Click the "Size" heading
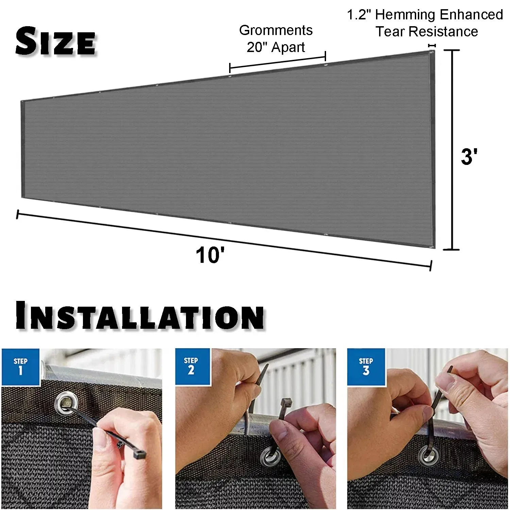(56, 42)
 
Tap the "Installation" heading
(139, 315)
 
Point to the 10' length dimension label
(210, 255)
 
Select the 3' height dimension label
(469, 157)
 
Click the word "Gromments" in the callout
(276, 30)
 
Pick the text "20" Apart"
(276, 47)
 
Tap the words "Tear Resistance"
(427, 32)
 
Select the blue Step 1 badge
(20, 367)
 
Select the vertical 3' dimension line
(452, 150)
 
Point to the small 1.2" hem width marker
(432, 45)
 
